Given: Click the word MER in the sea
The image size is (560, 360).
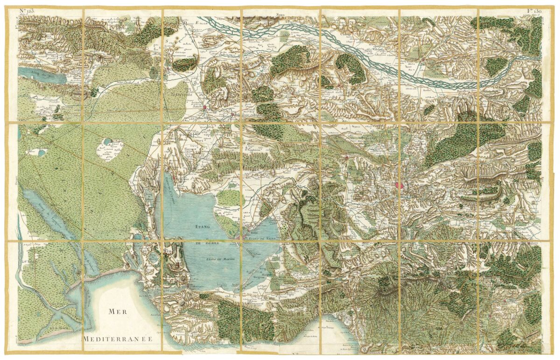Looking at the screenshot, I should point(117,311).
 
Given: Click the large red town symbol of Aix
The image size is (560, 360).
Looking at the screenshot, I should point(399,185).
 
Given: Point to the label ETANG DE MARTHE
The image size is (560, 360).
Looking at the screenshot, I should point(220,258).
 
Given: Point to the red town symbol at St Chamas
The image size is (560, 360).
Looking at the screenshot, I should point(174,178).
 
